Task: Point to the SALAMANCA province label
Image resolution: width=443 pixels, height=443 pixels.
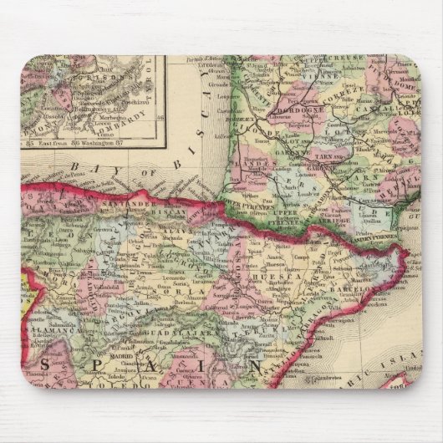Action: [50, 332]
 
